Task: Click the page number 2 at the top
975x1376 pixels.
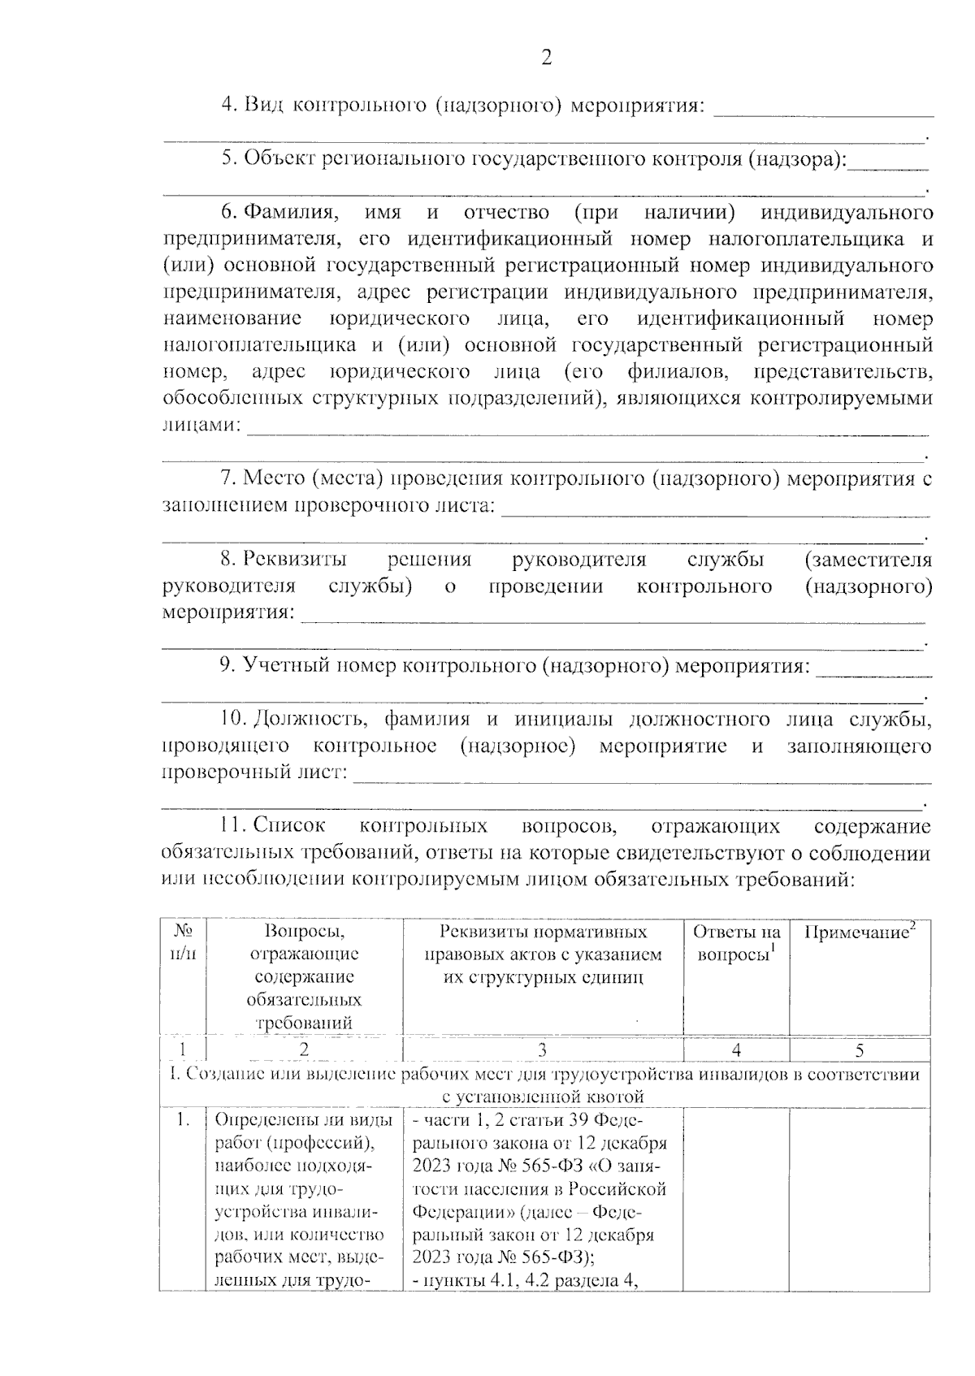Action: click(546, 58)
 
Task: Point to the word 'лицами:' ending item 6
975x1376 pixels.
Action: click(201, 424)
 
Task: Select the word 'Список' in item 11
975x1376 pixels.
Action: click(289, 825)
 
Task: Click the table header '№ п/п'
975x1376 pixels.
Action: click(183, 943)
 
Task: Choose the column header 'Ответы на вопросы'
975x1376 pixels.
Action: click(736, 943)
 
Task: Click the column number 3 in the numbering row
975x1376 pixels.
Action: click(543, 1050)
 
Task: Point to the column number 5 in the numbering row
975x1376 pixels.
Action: click(860, 1050)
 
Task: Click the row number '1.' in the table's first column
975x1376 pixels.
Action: click(184, 1121)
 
